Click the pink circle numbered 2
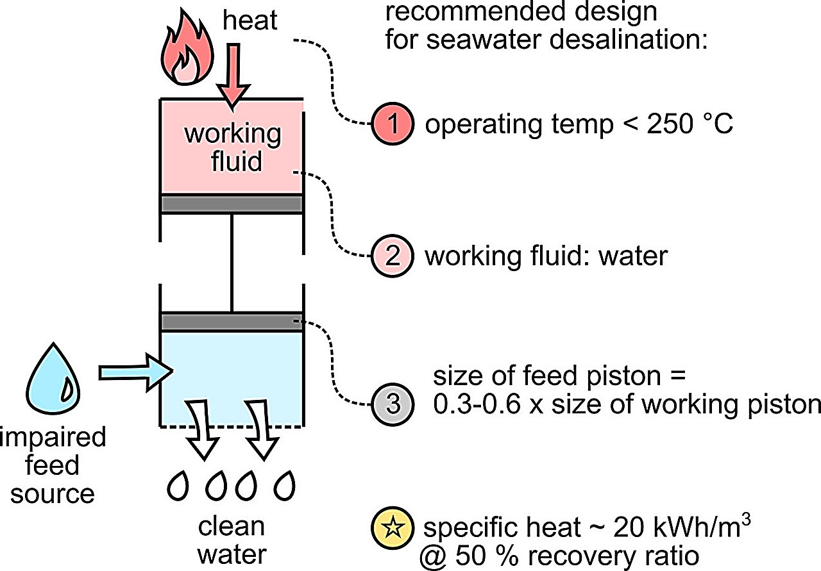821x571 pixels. click(x=392, y=256)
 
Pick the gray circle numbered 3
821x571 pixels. click(x=392, y=404)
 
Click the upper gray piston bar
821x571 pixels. click(x=232, y=204)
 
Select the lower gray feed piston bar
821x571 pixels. click(x=232, y=322)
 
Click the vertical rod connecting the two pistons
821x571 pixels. click(x=232, y=263)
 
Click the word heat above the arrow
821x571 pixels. click(x=250, y=21)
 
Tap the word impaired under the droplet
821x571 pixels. click(x=53, y=438)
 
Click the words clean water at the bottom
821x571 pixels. click(x=231, y=540)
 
